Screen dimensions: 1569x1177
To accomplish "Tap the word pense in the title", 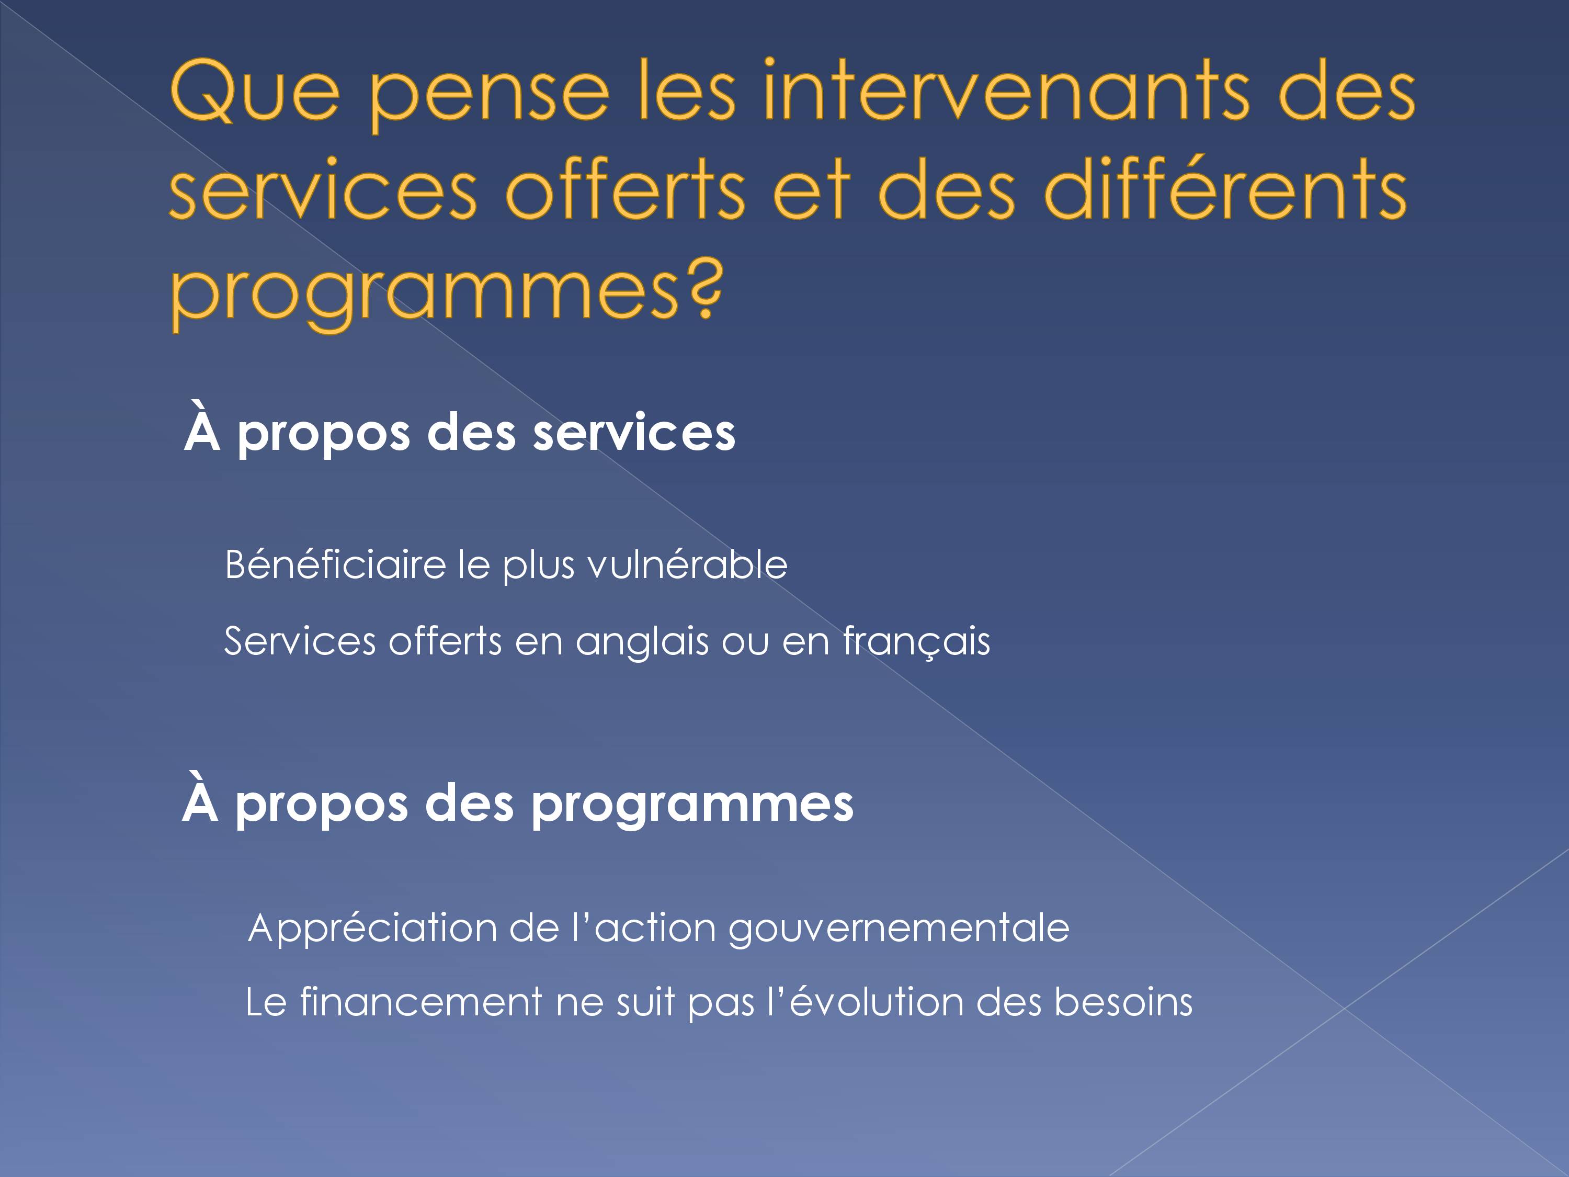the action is [490, 99].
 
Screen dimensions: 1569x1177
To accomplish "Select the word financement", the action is [422, 1002].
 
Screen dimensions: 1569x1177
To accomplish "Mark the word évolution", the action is [877, 1002].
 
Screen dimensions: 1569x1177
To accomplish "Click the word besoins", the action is [1123, 1002].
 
